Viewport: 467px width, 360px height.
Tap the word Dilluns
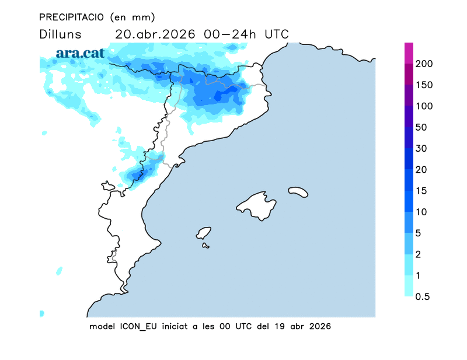[61, 34]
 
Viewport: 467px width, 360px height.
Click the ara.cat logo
[80, 53]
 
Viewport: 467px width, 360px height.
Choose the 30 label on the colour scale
[421, 148]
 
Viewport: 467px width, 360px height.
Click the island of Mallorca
[257, 205]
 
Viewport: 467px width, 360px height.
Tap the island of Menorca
[298, 191]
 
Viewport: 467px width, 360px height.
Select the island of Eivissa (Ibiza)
[204, 233]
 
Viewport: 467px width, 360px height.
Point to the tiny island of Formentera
[205, 246]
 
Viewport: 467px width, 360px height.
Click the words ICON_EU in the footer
[138, 326]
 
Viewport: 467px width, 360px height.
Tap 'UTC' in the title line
[277, 34]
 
